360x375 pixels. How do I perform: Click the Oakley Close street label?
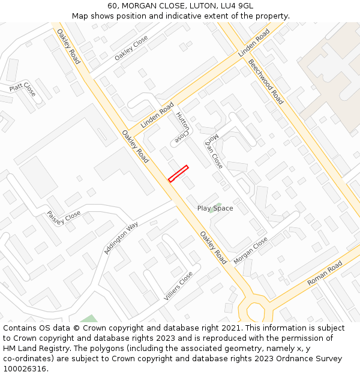[x=131, y=47]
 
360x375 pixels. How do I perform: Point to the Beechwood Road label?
[x=265, y=82]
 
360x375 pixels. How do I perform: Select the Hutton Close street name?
[x=182, y=128]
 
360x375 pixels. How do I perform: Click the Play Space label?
[x=215, y=208]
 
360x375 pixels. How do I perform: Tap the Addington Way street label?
[x=121, y=238]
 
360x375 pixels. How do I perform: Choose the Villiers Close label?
[x=178, y=286]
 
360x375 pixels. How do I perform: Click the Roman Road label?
[x=324, y=273]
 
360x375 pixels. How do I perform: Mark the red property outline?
[x=178, y=173]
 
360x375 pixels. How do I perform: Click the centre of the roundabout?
[x=256, y=311]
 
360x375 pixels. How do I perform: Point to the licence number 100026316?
[x=25, y=368]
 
